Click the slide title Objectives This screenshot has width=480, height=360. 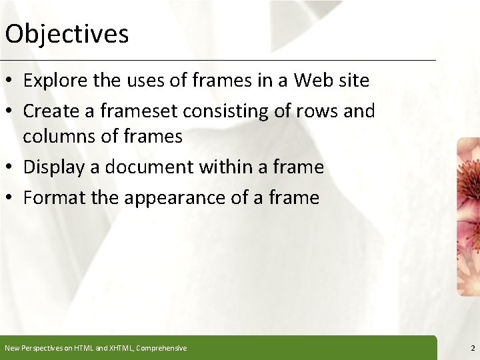tap(67, 33)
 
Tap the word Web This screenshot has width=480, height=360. tap(315, 81)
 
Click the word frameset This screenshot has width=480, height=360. tap(139, 110)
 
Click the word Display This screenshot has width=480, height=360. tap(52, 167)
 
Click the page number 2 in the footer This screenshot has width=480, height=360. tap(472, 348)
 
